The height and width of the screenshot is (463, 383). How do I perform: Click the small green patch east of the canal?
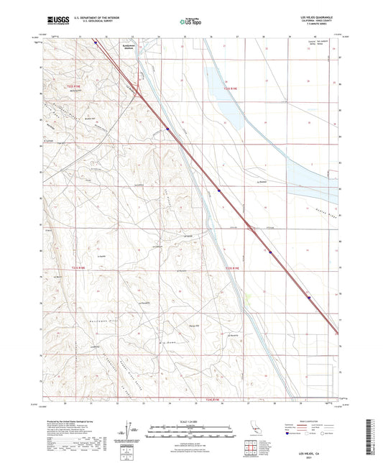pyautogui.click(x=249, y=295)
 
